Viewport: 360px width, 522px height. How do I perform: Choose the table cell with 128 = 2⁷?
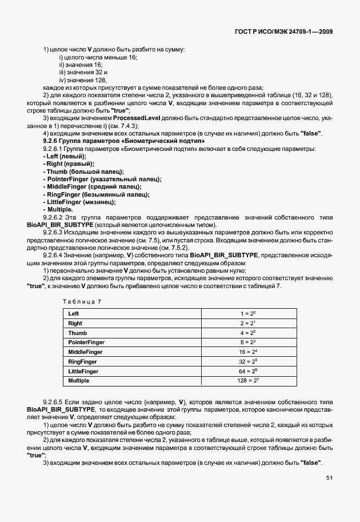click(249, 380)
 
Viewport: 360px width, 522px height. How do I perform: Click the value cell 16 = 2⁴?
click(249, 351)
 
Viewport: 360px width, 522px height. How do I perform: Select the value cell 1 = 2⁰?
click(249, 313)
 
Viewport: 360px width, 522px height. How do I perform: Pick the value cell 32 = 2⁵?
click(249, 361)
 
